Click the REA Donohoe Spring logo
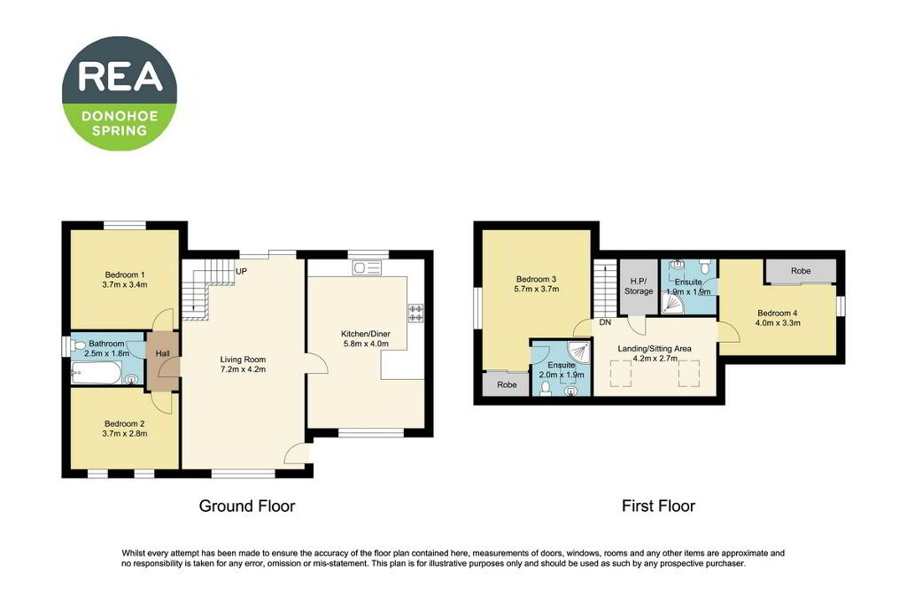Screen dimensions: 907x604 (120, 93)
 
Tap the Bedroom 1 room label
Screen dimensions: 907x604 (125, 275)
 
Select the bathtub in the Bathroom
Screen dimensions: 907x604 (96, 373)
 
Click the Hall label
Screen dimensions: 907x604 (163, 353)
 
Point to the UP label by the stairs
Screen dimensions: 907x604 (242, 271)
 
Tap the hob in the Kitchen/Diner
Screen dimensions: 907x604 (416, 313)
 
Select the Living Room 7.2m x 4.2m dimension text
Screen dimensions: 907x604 (243, 369)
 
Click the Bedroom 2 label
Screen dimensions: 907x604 (124, 423)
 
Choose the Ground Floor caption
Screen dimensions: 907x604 (247, 507)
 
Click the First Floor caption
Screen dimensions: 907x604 (658, 507)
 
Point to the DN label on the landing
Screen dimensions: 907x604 (605, 322)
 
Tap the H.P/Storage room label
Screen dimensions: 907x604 (639, 286)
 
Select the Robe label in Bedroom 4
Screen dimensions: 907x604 (801, 271)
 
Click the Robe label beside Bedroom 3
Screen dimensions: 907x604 (508, 384)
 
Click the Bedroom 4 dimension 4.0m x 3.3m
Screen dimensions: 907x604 (778, 323)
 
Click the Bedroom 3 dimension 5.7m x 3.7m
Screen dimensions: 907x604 (536, 289)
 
